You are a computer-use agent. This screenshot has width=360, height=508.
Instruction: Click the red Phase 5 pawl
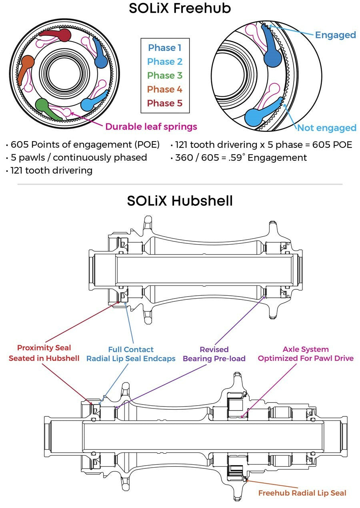[x=61, y=35]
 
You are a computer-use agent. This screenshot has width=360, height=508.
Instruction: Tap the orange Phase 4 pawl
[x=26, y=65]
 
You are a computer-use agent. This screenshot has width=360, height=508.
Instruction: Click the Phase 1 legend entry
[x=164, y=48]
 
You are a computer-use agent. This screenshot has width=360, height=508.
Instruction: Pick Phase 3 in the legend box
[x=164, y=75]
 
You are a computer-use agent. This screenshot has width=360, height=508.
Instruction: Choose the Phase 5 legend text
[x=164, y=103]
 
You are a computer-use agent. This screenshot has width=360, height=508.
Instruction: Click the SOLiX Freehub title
[x=180, y=8]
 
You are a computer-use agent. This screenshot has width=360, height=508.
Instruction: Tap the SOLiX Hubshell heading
[x=180, y=201]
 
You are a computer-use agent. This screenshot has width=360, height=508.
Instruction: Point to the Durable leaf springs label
[x=151, y=127]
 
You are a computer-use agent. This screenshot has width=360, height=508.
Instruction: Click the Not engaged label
[x=327, y=128]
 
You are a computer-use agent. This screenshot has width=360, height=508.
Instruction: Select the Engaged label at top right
[x=336, y=35]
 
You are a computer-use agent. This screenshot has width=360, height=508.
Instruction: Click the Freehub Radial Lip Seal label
[x=302, y=493]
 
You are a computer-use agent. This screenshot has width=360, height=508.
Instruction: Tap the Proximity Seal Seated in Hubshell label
[x=44, y=353]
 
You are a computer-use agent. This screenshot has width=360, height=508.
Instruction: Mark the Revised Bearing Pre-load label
[x=214, y=354]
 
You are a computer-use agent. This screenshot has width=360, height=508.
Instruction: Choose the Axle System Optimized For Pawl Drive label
[x=306, y=354]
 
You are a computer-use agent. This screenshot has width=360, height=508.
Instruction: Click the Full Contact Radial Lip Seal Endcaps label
[x=131, y=354]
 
